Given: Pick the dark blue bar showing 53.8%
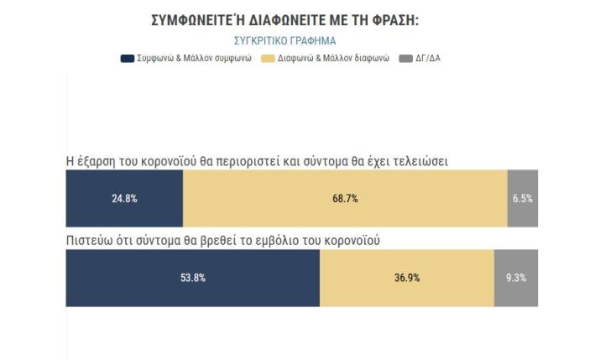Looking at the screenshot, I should pos(192,278).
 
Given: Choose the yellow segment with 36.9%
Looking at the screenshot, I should pos(407,278).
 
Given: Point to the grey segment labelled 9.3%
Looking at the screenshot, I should pos(516,278).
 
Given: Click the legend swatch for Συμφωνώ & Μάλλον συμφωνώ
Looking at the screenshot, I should pos(128,59).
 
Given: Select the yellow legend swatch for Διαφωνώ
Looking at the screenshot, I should pos(269,59).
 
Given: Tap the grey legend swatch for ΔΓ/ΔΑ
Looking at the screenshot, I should pos(406,59).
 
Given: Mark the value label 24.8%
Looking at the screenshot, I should pos(124,199).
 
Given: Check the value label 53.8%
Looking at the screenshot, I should pos(193,278).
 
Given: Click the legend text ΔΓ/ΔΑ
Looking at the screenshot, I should pos(429,59).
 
